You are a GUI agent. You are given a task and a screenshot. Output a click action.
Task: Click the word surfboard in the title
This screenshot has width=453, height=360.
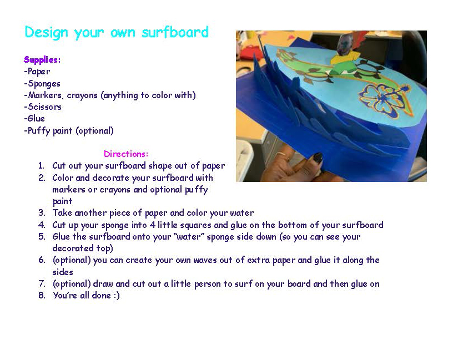tap(175, 32)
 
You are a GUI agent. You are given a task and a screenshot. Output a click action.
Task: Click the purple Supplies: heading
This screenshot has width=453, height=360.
tap(42, 60)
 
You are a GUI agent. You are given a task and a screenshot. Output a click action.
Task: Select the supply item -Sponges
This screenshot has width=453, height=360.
tap(42, 83)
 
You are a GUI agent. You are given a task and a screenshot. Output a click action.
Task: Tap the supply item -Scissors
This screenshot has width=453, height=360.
tap(43, 107)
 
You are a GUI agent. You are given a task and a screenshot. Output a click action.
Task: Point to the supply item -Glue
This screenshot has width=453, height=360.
tap(34, 118)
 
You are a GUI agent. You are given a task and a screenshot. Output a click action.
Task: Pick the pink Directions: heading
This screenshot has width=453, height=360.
tap(126, 154)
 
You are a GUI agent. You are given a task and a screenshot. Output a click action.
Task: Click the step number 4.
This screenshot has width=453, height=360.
tap(42, 225)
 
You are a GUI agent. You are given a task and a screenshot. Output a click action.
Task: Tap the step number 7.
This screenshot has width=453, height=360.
tap(42, 284)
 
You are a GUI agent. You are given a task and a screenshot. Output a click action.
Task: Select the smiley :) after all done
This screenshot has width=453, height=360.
tap(116, 295)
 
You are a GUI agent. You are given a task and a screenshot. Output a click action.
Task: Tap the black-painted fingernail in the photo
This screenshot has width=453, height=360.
tap(317, 158)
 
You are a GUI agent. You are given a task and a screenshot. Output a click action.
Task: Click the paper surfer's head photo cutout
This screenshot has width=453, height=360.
tap(345, 44)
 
